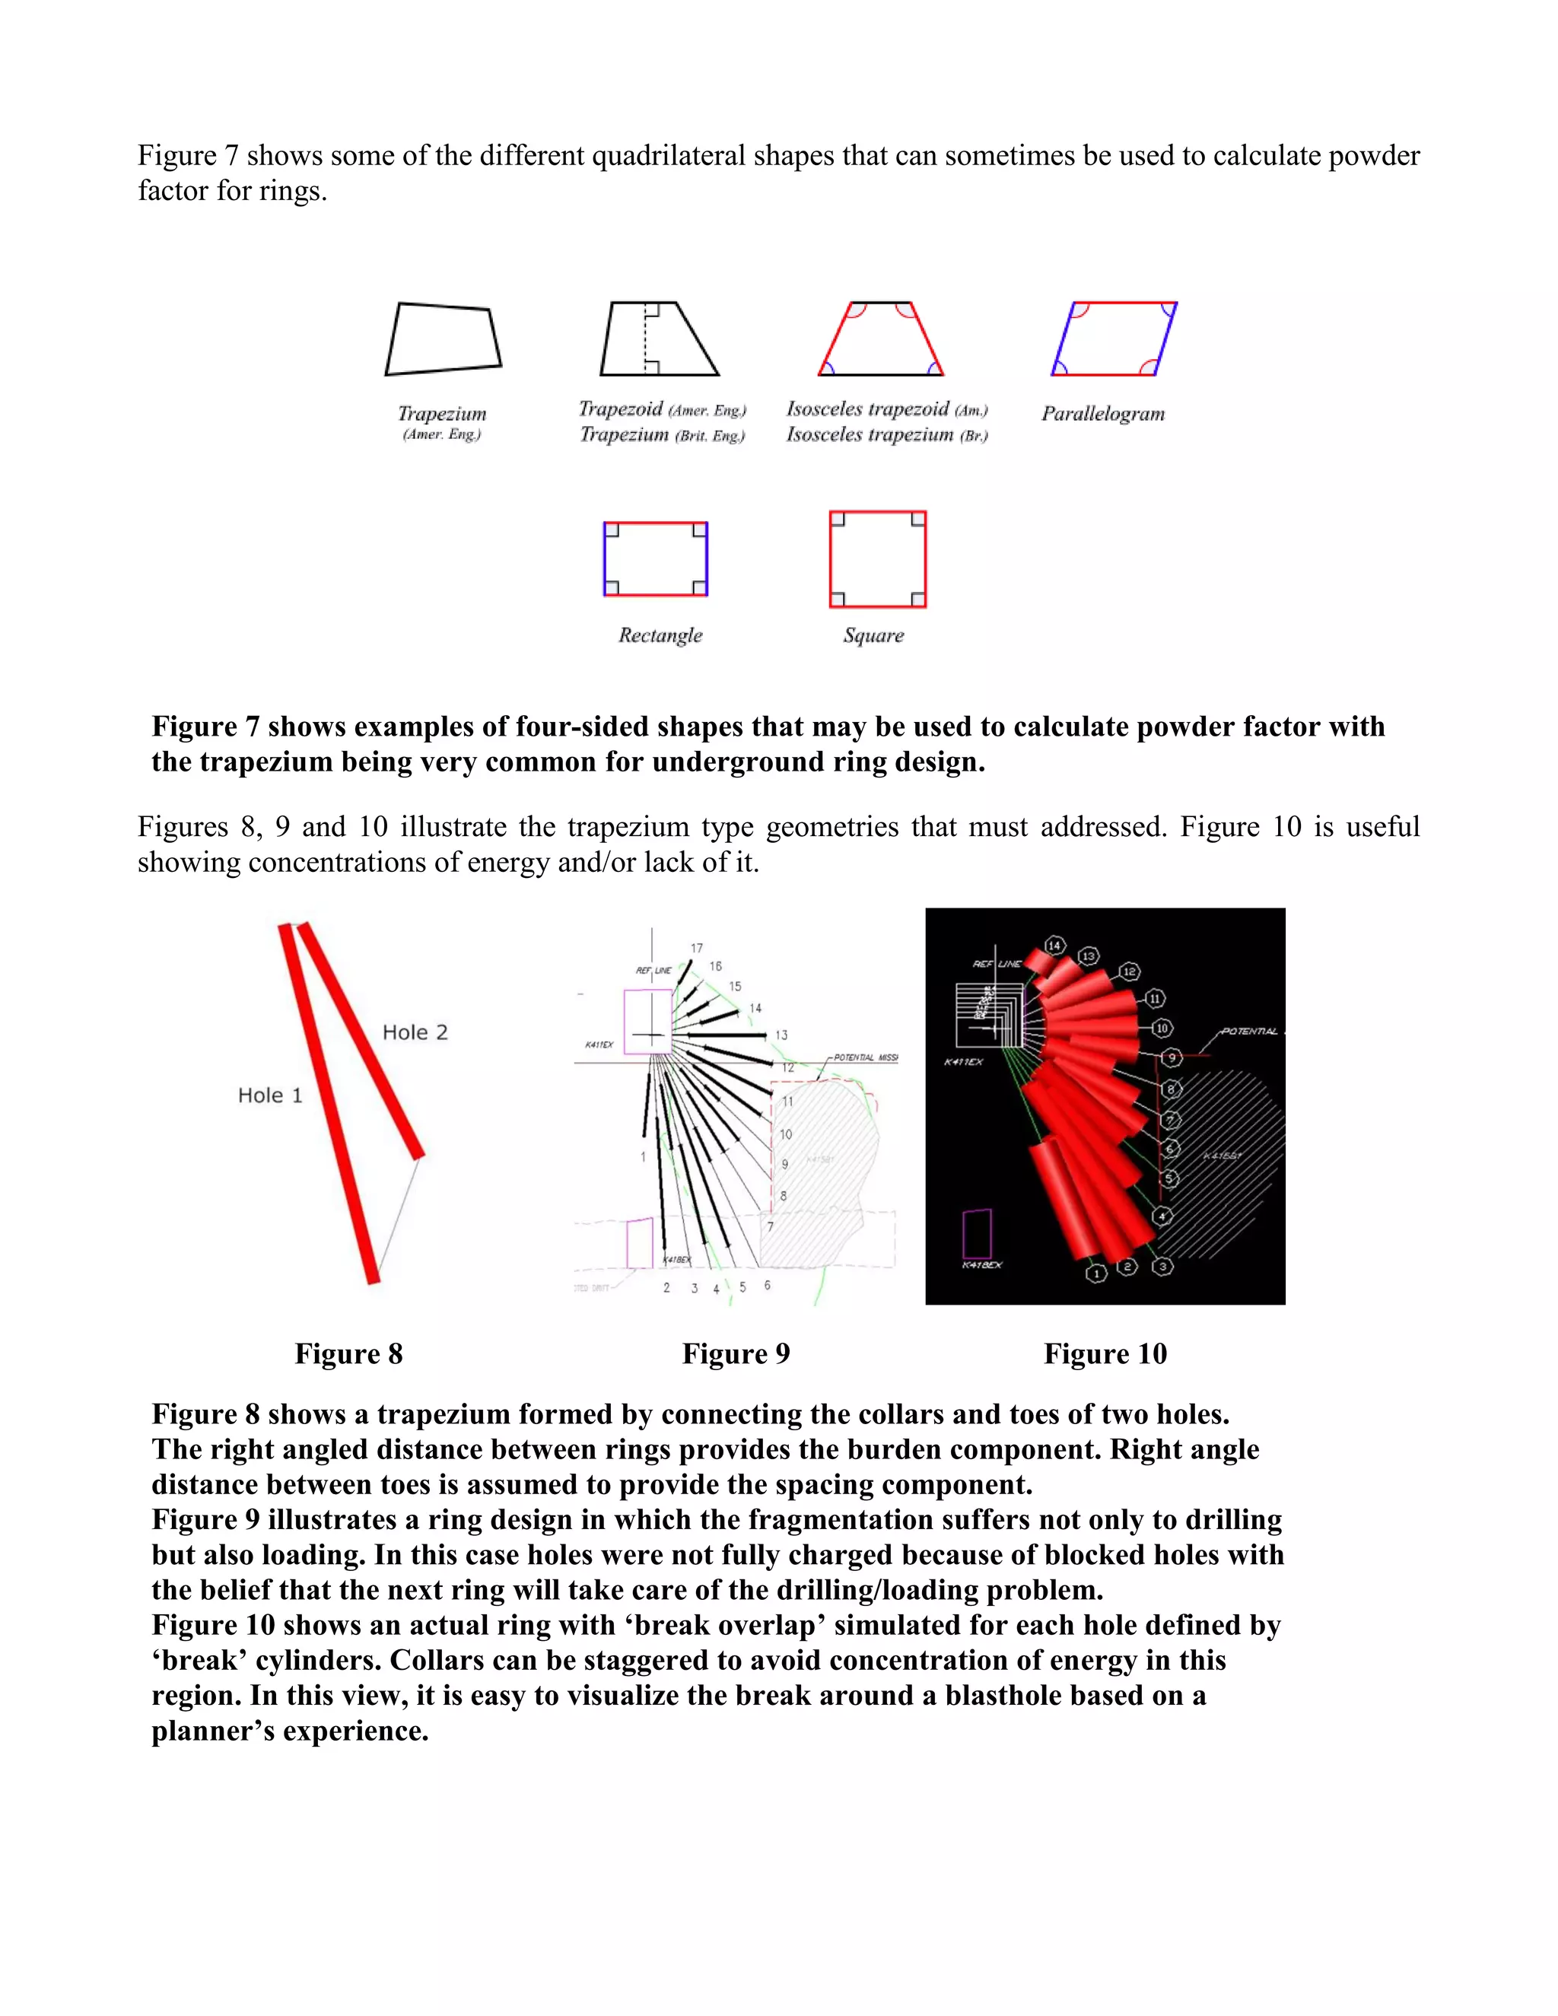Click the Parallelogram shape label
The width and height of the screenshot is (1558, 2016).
coord(1103,414)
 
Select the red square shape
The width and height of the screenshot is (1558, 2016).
coord(878,559)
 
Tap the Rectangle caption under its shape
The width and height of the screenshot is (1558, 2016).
coord(660,635)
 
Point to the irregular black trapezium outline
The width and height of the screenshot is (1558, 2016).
coord(443,339)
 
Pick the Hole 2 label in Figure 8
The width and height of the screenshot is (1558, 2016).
coord(415,1032)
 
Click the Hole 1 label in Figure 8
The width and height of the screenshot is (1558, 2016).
coord(269,1095)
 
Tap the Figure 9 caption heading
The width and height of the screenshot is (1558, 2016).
coord(736,1353)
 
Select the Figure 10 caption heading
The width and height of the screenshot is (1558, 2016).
coord(1105,1353)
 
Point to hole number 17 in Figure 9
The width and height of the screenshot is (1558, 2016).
coord(697,948)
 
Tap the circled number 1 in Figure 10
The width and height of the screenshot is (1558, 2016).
coord(1095,1274)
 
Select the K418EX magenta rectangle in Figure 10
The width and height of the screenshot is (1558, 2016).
coord(977,1233)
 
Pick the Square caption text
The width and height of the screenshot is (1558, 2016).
coord(873,635)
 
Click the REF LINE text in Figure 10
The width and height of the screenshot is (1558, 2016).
coord(996,964)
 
